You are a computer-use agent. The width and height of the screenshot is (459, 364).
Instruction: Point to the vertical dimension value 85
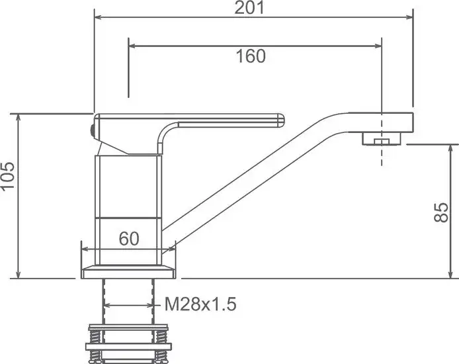(444, 212)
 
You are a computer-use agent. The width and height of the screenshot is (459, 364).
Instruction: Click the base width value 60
(129, 239)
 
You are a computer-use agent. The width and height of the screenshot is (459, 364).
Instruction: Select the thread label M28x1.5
(200, 304)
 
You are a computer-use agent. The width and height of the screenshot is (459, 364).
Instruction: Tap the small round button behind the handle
(91, 130)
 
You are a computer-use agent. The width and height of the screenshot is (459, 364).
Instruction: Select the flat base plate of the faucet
(130, 271)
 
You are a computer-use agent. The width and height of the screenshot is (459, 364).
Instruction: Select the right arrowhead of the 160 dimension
(378, 46)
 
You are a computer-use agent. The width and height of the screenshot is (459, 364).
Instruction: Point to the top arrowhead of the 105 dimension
(19, 116)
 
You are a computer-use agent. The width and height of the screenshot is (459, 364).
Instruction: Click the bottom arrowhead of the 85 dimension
(453, 275)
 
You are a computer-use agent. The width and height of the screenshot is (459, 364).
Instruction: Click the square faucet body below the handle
(130, 192)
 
